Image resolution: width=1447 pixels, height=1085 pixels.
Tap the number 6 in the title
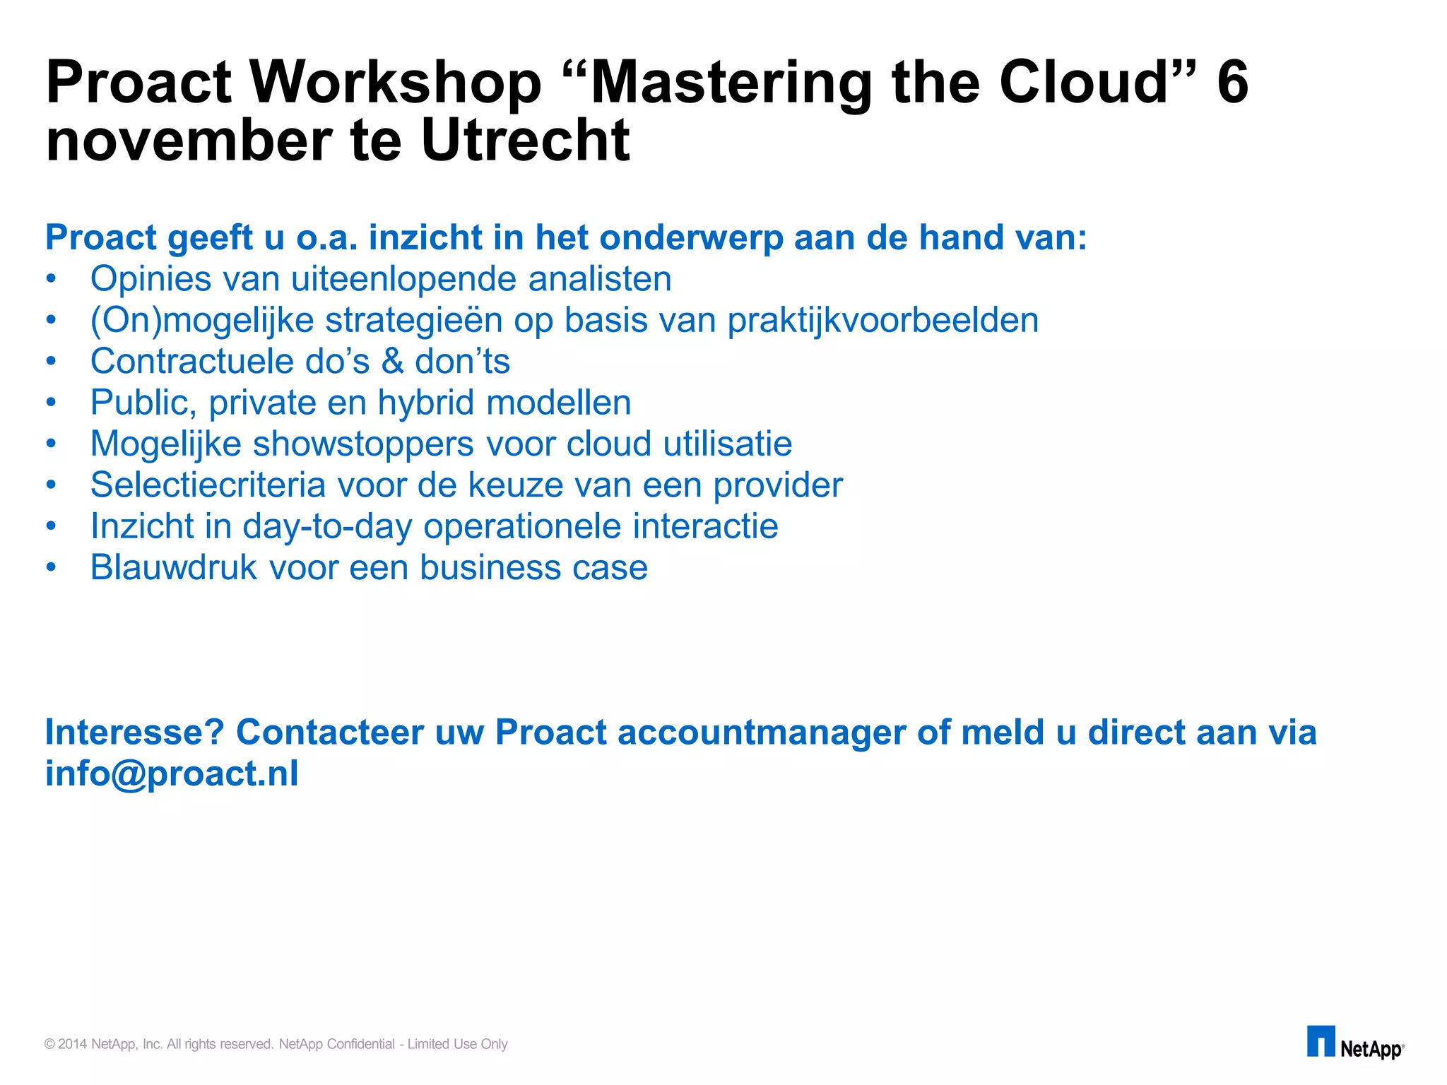(x=1232, y=83)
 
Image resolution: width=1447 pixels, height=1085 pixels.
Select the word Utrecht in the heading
(x=524, y=141)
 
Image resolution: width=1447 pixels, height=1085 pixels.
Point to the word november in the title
(x=189, y=141)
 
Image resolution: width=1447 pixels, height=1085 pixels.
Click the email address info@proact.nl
(x=172, y=773)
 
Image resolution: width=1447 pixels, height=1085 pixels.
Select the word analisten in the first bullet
(x=600, y=278)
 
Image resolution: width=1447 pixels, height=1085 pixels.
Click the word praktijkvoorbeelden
(x=882, y=320)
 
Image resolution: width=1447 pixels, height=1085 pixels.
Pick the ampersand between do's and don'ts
(x=393, y=362)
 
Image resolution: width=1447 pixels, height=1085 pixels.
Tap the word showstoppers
(x=363, y=444)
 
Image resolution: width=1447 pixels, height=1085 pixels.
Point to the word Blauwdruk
(x=174, y=567)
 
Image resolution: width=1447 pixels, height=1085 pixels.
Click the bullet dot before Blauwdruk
(x=50, y=568)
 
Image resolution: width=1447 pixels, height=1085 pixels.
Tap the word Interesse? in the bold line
(x=134, y=732)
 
